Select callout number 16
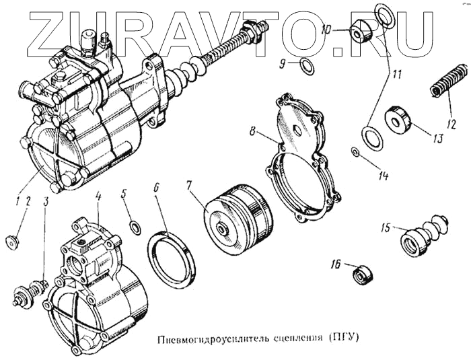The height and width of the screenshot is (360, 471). [335, 266]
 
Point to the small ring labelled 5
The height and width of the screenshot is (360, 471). [135, 226]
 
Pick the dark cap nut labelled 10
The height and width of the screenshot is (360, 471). [361, 30]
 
